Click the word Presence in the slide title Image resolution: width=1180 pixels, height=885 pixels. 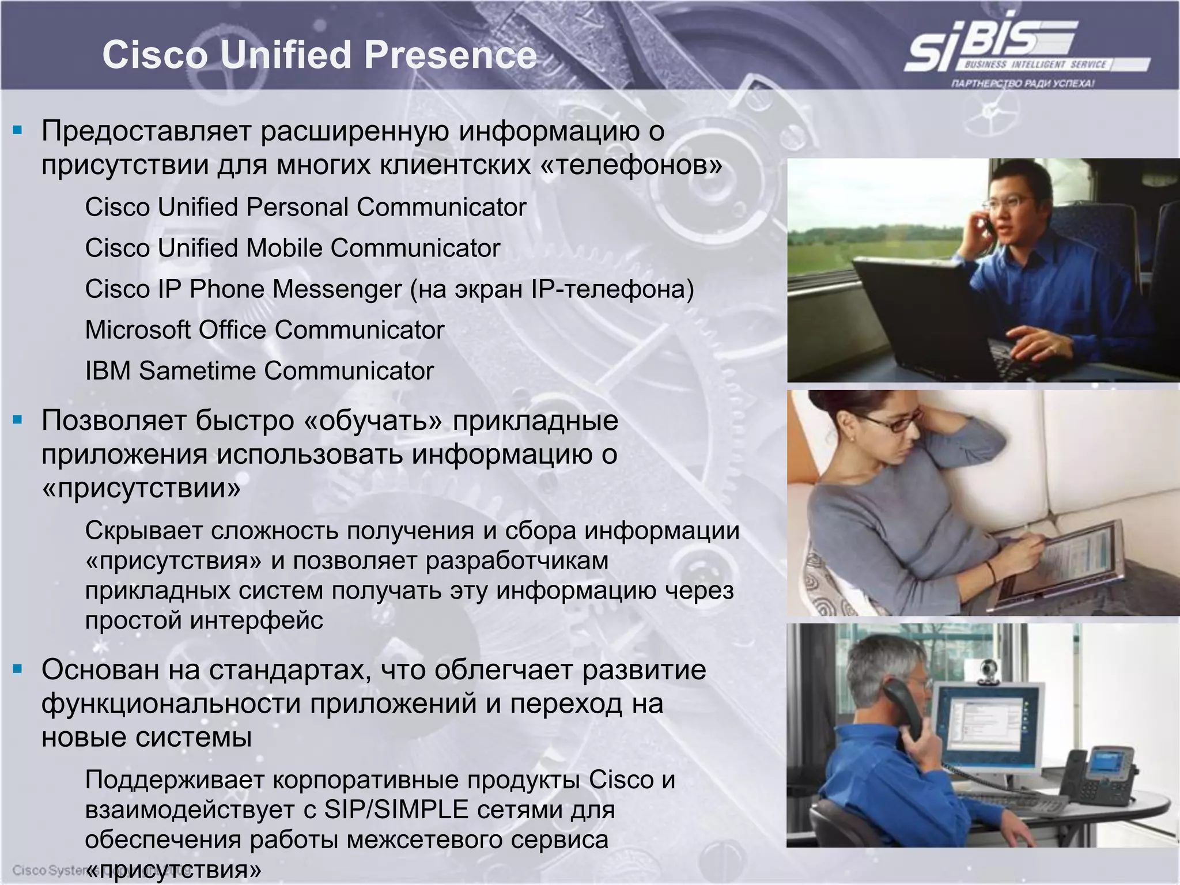click(450, 55)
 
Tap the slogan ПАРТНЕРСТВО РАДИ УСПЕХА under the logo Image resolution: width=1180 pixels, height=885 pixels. click(1023, 84)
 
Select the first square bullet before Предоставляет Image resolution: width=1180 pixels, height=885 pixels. click(18, 130)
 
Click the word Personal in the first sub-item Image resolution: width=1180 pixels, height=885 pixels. click(296, 207)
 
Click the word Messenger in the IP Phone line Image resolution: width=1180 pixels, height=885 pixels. click(336, 289)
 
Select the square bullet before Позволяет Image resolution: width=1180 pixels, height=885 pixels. click(18, 419)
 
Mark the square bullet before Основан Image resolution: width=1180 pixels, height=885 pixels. click(18, 669)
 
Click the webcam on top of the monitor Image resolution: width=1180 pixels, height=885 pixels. click(989, 672)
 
